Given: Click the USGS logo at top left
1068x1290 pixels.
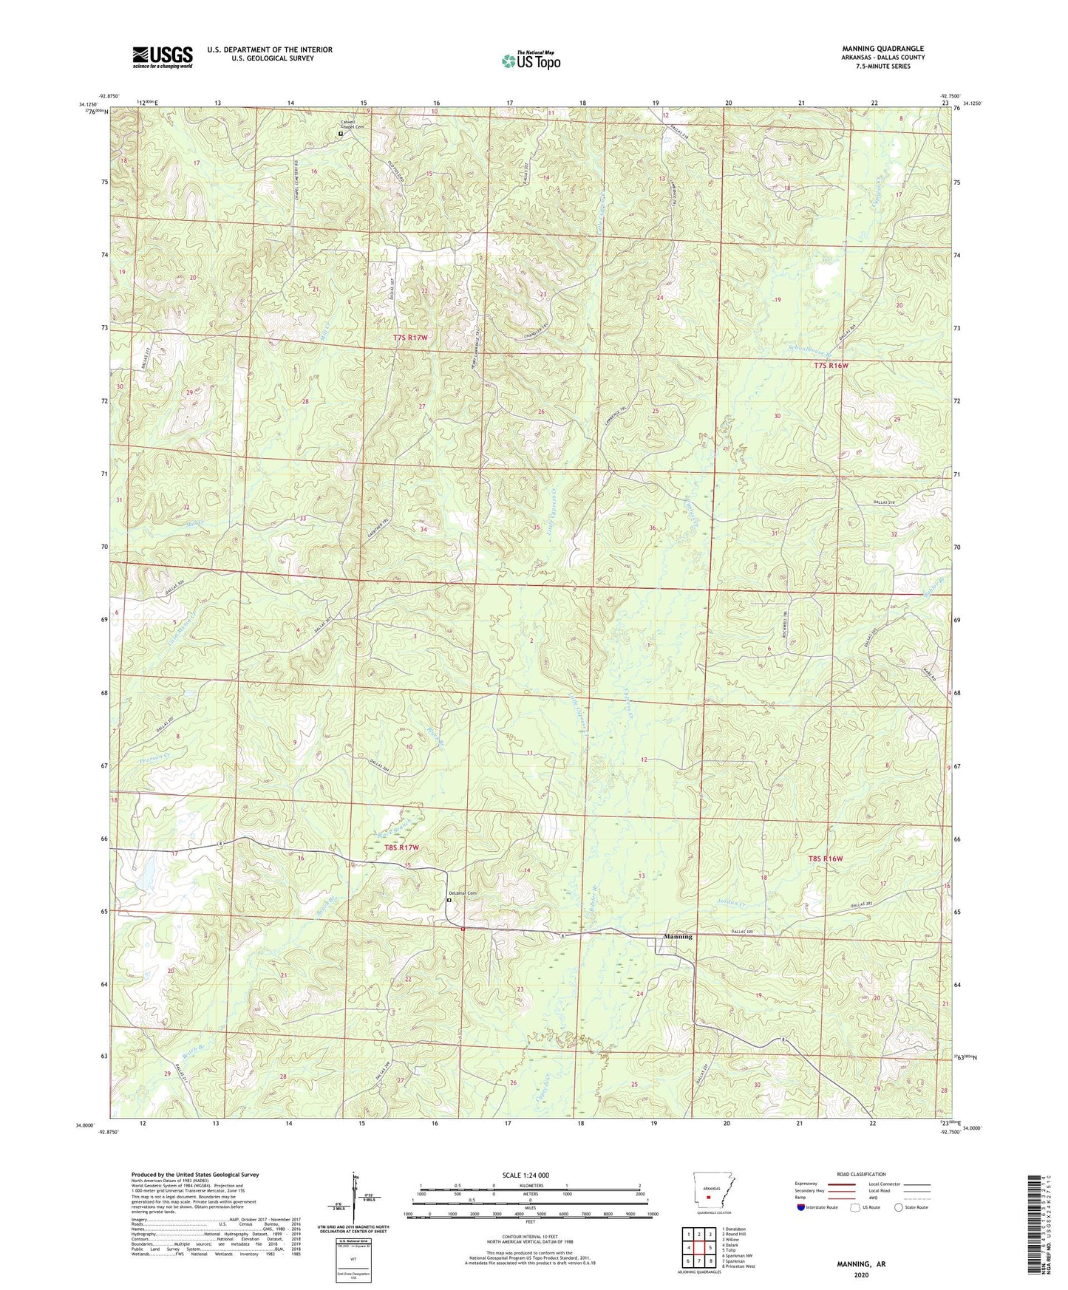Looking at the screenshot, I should (x=163, y=57).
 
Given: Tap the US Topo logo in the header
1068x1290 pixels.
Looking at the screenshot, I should (x=531, y=61).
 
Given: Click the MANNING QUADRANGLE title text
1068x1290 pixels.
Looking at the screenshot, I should (x=882, y=49).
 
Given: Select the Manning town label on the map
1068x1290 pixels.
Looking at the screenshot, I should (x=678, y=936).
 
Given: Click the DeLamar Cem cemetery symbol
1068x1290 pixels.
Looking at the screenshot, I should (x=448, y=900).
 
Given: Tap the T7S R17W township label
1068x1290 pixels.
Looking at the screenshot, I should (x=410, y=338).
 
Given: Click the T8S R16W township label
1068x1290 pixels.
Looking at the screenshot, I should (x=825, y=859).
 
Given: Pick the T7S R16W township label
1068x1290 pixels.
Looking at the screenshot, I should (x=831, y=366).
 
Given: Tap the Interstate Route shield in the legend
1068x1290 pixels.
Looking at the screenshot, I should (x=802, y=1207).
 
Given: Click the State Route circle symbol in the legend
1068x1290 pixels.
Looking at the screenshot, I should (x=899, y=1207).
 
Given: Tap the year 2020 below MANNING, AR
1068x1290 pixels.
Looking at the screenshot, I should (x=861, y=1274).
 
